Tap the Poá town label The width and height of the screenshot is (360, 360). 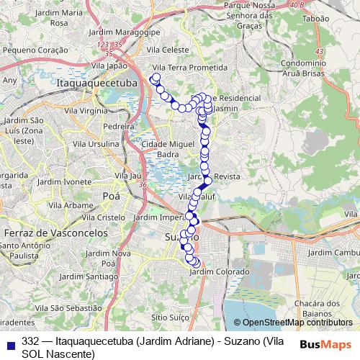(x=112, y=195)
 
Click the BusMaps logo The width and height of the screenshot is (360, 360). (x=325, y=344)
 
